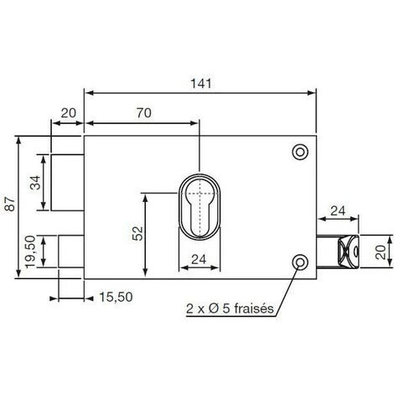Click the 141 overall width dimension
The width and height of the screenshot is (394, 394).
[x=202, y=84]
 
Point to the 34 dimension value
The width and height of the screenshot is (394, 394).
[x=36, y=184]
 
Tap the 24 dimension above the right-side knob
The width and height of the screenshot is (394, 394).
[x=339, y=210]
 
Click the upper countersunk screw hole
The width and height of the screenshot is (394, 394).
[x=298, y=152]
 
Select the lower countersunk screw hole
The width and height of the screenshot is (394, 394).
[x=298, y=264]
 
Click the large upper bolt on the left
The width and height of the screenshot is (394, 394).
[x=67, y=184]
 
